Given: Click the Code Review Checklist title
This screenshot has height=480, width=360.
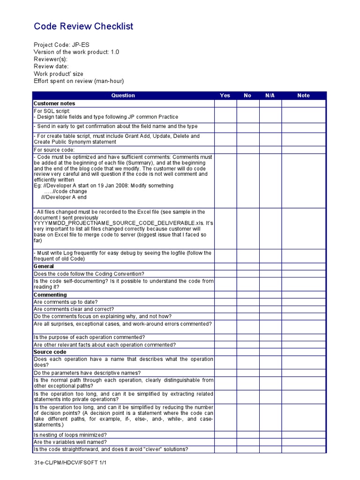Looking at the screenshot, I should [x=83, y=26].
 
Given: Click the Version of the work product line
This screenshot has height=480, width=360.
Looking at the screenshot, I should [x=76, y=52].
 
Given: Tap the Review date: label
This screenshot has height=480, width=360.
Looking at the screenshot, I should [x=51, y=67].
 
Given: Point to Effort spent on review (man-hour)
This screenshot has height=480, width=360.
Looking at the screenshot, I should [x=79, y=81].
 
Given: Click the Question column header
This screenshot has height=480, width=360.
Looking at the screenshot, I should [x=123, y=96].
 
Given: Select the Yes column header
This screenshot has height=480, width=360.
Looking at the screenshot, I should [x=225, y=96].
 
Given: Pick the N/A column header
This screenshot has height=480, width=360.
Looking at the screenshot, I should [x=270, y=96].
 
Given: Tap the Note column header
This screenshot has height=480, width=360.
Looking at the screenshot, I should [x=303, y=96].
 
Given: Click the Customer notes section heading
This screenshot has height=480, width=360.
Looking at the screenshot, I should [x=54, y=104].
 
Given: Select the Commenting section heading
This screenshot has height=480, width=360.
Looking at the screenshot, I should [x=50, y=295].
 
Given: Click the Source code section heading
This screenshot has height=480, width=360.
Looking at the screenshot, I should [x=50, y=352].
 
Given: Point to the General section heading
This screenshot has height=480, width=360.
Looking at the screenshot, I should [x=44, y=266].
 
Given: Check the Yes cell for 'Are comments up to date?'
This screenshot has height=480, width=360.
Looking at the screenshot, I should [x=225, y=302].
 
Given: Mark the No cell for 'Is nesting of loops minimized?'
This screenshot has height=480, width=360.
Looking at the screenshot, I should [x=247, y=435].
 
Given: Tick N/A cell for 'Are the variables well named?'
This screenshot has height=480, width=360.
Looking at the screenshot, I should [x=270, y=442].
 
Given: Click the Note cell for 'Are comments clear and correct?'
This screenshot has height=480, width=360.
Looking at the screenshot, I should [x=303, y=309].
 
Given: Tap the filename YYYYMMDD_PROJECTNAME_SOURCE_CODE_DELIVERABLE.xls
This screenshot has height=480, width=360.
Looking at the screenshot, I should [x=115, y=224].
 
